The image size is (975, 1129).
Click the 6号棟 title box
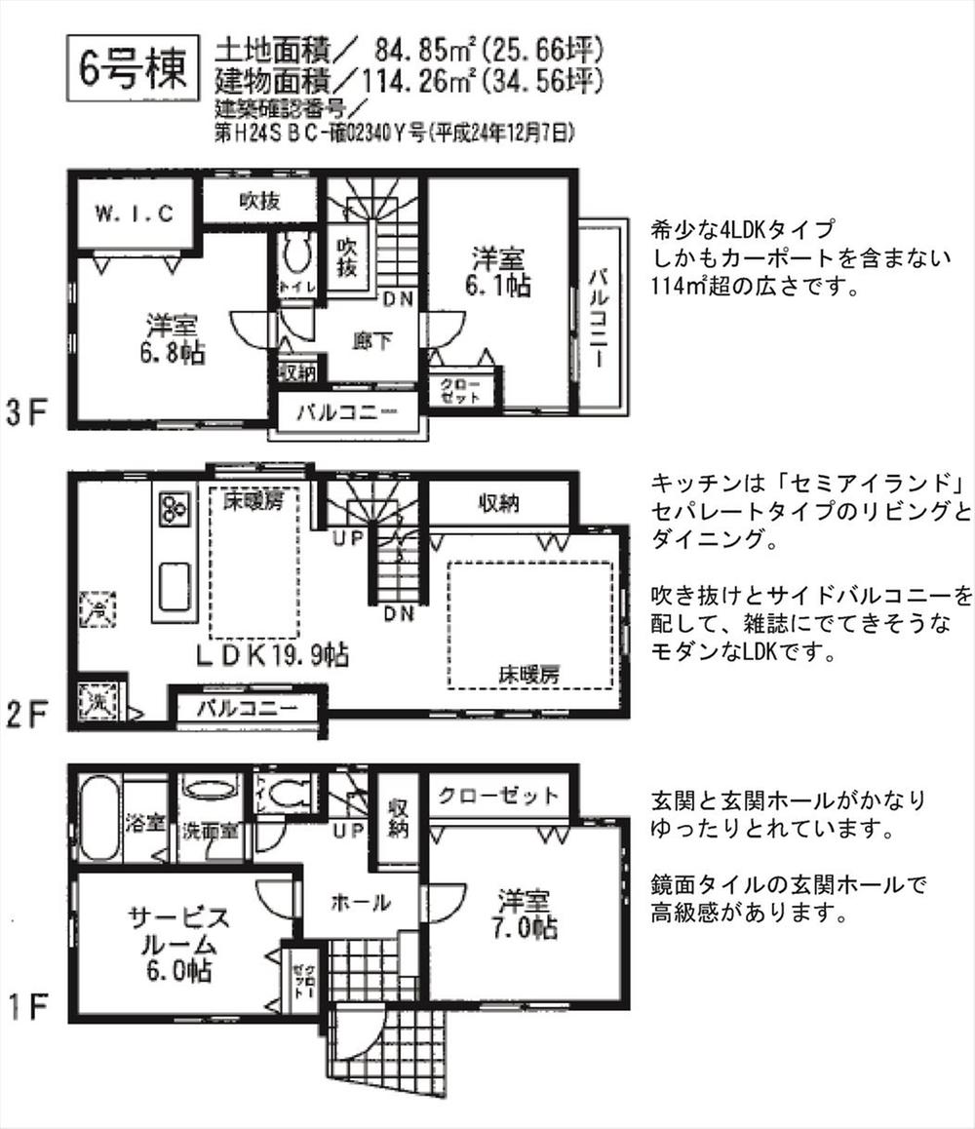(133, 70)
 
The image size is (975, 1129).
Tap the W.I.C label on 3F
(135, 213)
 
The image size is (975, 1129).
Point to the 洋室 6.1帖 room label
(498, 273)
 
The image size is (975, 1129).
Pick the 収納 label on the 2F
(497, 503)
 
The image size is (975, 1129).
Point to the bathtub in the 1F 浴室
(98, 819)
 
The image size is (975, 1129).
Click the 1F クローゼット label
(498, 796)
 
